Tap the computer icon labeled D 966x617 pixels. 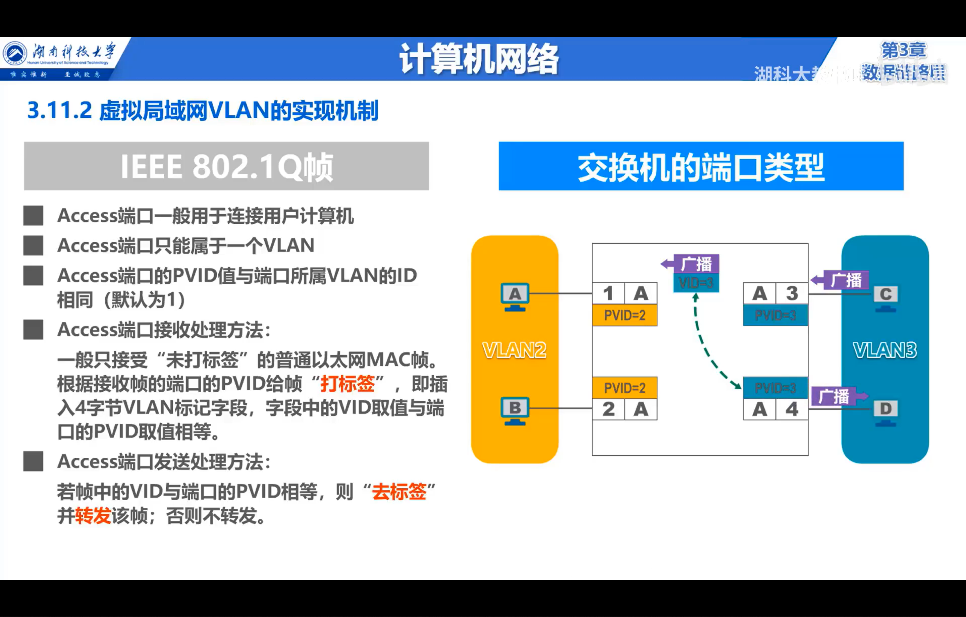coord(885,412)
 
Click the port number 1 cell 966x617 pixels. coord(608,294)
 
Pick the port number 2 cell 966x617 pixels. coord(608,409)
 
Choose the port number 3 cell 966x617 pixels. coord(792,294)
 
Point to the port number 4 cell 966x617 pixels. coord(792,409)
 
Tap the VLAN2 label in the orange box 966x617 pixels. coord(514,350)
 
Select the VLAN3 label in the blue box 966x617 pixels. coord(885,350)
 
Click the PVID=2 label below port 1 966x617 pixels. coord(625,315)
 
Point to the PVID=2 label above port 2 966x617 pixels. coord(625,388)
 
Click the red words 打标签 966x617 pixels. coord(347,384)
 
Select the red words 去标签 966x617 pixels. coord(399,492)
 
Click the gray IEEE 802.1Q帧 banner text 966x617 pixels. coord(227,166)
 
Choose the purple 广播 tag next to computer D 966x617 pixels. coord(835,396)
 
